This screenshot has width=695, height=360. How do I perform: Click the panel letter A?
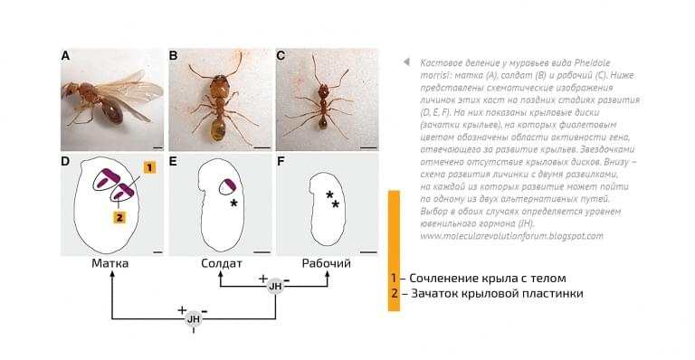tap(65, 56)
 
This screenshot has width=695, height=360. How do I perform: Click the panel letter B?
tap(174, 56)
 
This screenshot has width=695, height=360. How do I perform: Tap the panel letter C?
tap(281, 56)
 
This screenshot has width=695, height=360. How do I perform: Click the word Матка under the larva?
tap(111, 263)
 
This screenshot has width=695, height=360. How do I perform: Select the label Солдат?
tap(221, 263)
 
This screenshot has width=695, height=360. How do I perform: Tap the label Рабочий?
tap(326, 263)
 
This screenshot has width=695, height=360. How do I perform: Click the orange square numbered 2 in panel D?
tap(119, 217)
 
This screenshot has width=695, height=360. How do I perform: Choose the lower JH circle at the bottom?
tap(193, 318)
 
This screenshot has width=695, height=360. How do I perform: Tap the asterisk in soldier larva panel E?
tap(234, 203)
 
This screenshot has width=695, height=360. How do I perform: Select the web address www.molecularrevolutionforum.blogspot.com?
tap(511, 235)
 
